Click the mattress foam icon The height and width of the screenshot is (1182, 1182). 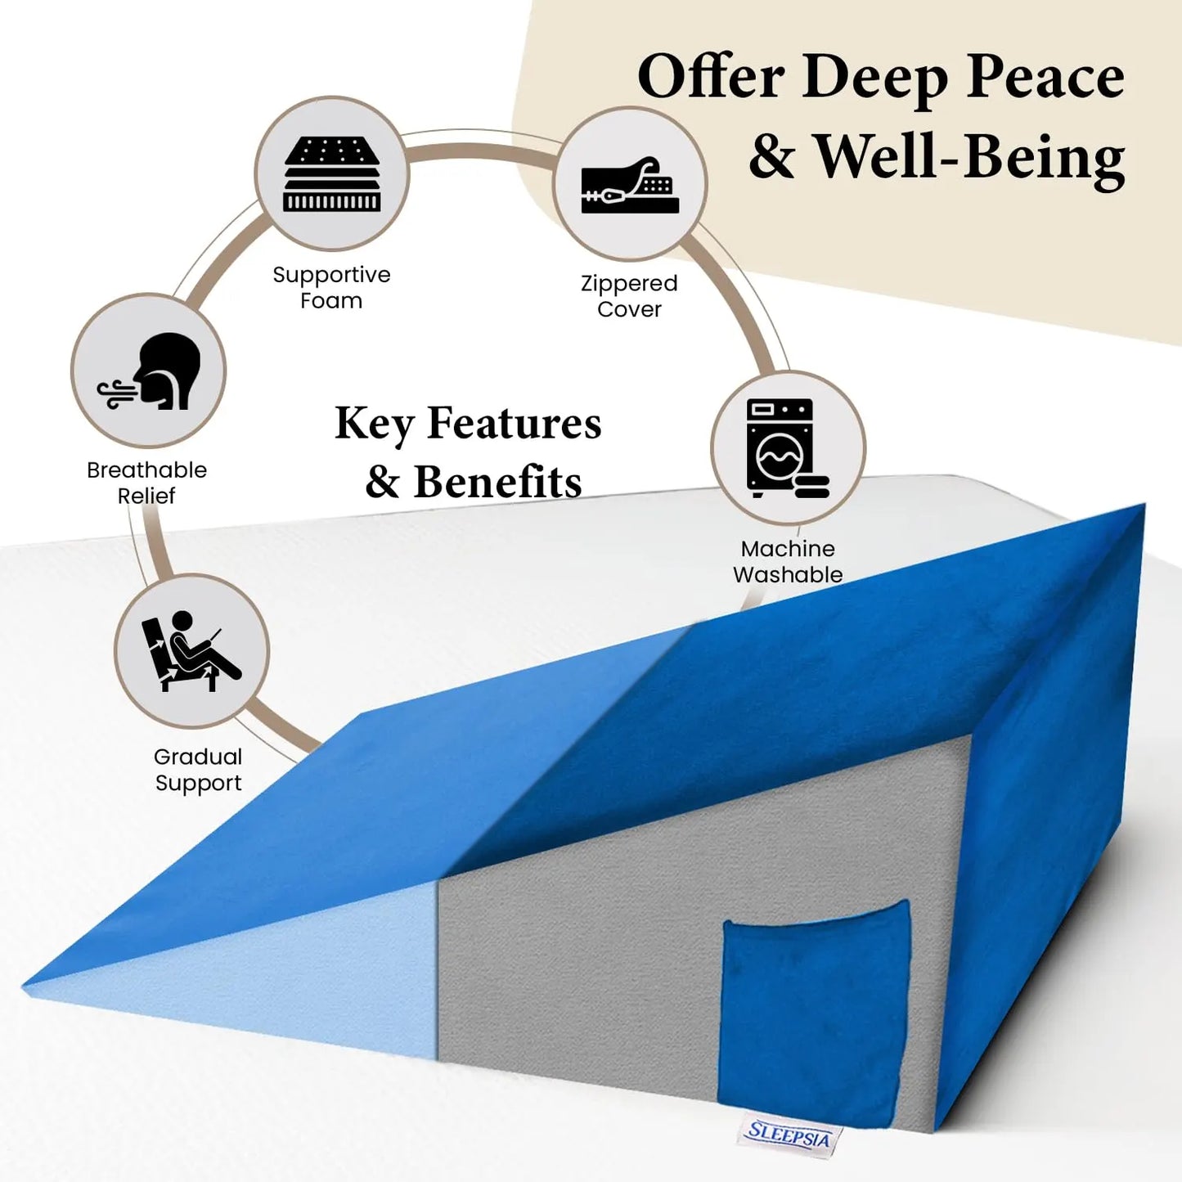(x=331, y=174)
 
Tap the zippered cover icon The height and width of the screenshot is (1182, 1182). (x=630, y=185)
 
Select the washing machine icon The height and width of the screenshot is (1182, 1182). (x=787, y=447)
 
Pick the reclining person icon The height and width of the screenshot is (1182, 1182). (x=191, y=651)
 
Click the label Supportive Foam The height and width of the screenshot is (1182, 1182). (x=331, y=287)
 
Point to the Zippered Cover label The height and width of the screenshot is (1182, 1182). (x=629, y=296)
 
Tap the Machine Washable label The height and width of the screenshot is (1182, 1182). (x=787, y=561)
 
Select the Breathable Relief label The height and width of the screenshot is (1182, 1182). (x=146, y=483)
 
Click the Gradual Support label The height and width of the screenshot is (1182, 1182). (x=198, y=770)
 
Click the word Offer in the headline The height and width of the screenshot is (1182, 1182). (x=711, y=77)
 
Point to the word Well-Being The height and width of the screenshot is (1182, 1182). (x=970, y=156)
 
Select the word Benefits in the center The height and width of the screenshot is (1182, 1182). (x=497, y=482)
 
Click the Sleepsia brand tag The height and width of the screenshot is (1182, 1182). (x=788, y=1135)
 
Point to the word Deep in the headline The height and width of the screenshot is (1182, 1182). (x=874, y=79)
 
